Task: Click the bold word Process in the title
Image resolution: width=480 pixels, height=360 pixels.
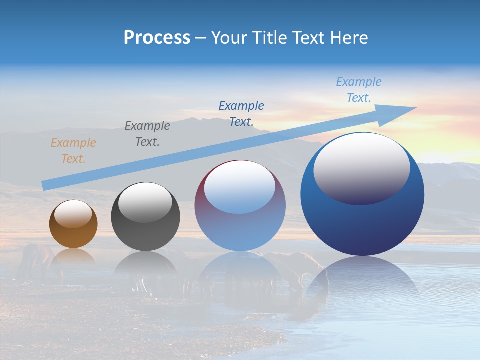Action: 157,37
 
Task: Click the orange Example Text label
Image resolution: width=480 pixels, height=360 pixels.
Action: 73,151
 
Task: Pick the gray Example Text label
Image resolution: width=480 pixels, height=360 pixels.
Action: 147,134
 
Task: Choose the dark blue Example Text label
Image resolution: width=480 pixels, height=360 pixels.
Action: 241,113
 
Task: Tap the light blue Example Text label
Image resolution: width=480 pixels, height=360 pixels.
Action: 359,90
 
